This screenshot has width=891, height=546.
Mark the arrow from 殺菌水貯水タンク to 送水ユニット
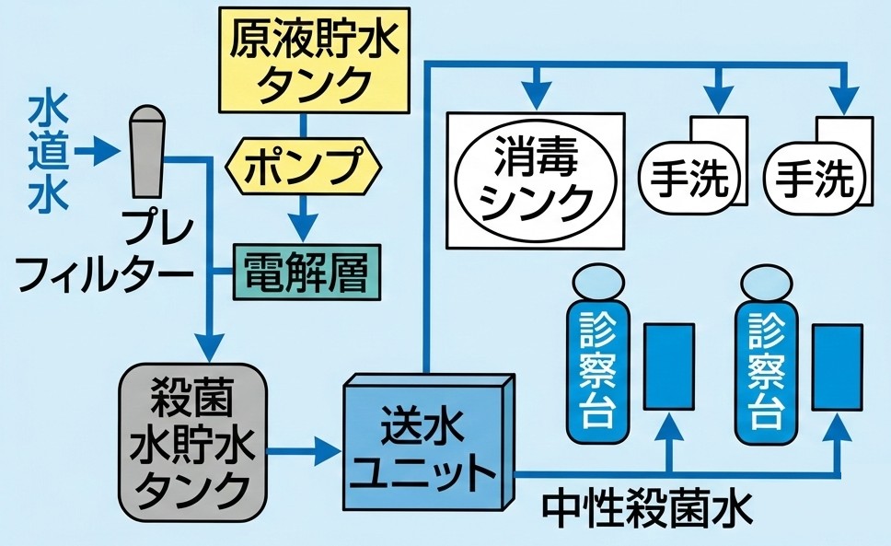pyautogui.click(x=304, y=451)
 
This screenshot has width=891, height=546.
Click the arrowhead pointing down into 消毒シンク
pyautogui.click(x=535, y=93)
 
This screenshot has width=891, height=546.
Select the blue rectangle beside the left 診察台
pyautogui.click(x=669, y=366)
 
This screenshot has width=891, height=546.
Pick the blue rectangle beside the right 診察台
pyautogui.click(x=838, y=366)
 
